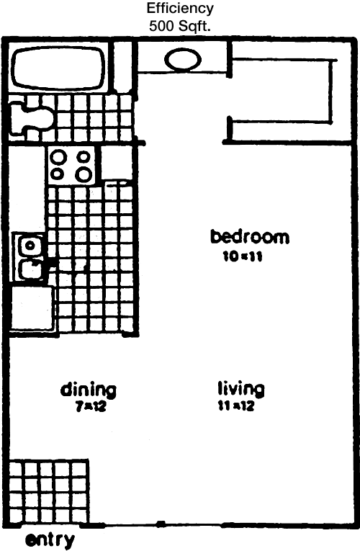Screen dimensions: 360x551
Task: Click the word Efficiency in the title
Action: [180, 9]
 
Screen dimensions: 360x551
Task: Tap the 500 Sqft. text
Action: [180, 27]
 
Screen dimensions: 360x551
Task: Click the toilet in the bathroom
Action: [31, 117]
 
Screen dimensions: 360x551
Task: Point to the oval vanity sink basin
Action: [183, 59]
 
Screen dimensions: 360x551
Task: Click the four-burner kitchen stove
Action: [72, 166]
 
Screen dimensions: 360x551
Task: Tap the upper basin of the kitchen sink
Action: [30, 245]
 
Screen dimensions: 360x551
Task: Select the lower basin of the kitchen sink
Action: [31, 270]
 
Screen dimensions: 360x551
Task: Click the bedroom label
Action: [250, 236]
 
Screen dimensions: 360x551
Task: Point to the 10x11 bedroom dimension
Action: [243, 257]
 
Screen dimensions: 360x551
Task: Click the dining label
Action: [88, 390]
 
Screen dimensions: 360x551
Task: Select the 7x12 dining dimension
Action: [90, 407]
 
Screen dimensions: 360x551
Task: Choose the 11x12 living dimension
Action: [235, 406]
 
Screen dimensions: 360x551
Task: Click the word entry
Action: [50, 539]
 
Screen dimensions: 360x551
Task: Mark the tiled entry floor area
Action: [48, 491]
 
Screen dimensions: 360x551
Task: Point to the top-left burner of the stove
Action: [57, 157]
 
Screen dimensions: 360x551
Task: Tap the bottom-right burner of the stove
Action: [84, 174]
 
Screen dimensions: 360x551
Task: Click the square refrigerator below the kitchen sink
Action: [32, 308]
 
